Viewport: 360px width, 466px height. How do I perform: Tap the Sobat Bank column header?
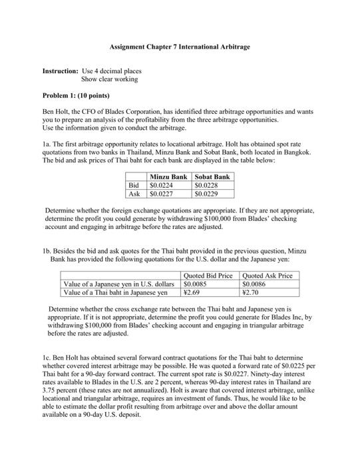coord(212,176)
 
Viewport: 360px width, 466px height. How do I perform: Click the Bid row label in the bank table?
coord(137,185)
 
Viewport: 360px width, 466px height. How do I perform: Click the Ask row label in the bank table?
coord(137,194)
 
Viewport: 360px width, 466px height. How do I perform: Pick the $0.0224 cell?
coord(162,185)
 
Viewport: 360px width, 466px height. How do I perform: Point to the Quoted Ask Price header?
coord(268,276)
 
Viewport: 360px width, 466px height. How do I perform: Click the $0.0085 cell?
coord(195,284)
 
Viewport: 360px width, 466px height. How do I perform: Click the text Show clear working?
coord(109,79)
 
